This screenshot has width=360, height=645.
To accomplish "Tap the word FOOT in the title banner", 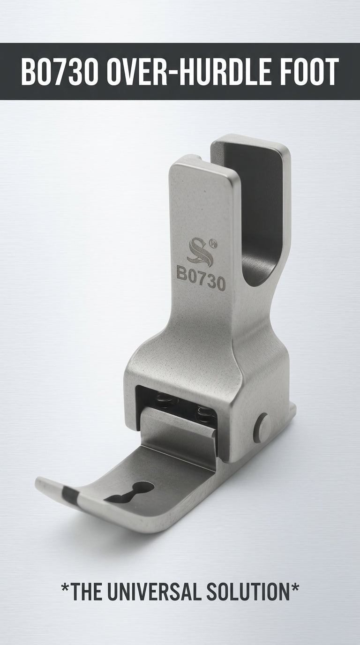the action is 305,71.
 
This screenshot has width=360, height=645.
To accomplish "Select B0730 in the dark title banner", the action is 59,71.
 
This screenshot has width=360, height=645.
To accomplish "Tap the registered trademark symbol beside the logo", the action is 213,243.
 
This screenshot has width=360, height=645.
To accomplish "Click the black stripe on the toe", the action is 70,493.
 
